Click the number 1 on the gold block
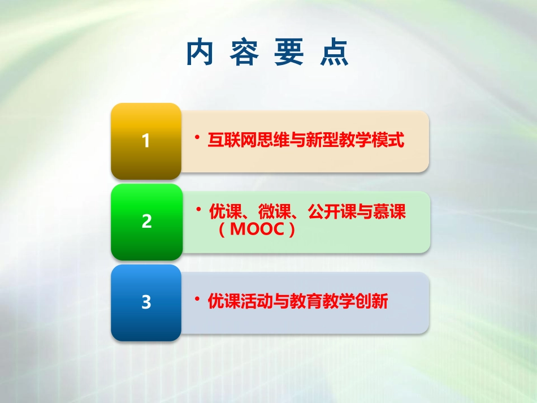(x=146, y=141)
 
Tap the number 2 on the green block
(x=146, y=222)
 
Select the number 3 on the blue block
(x=146, y=303)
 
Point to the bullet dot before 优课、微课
(x=198, y=210)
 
